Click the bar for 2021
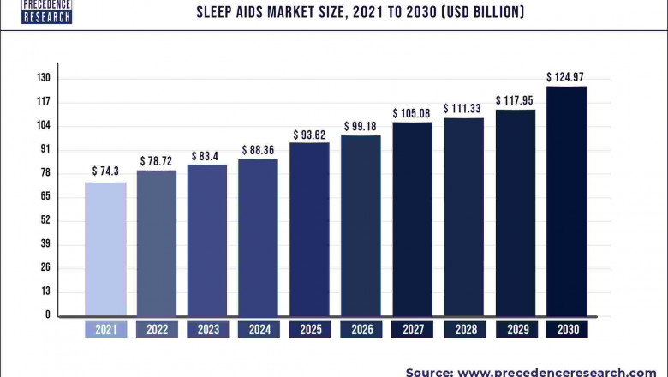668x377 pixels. pyautogui.click(x=105, y=248)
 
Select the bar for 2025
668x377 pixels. pyautogui.click(x=309, y=229)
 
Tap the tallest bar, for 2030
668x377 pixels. pyautogui.click(x=566, y=200)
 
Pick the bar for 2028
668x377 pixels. pyautogui.click(x=463, y=216)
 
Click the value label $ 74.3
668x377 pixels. pyautogui.click(x=105, y=171)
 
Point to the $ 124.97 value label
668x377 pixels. pyautogui.click(x=566, y=76)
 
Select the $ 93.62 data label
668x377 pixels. pyautogui.click(x=309, y=134)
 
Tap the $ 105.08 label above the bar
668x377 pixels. pyautogui.click(x=412, y=113)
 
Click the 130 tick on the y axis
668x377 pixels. pyautogui.click(x=43, y=78)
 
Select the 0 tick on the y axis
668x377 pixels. pyautogui.click(x=48, y=315)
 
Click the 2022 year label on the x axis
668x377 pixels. pyautogui.click(x=157, y=329)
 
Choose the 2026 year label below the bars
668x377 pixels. pyautogui.click(x=361, y=329)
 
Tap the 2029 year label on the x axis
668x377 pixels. pyautogui.click(x=515, y=329)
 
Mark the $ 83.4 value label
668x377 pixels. pyautogui.click(x=207, y=155)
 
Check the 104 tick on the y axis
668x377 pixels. pyautogui.click(x=43, y=125)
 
